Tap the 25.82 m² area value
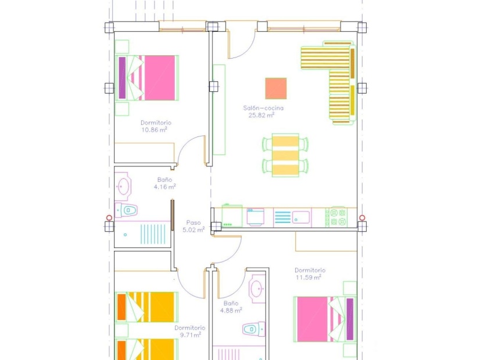[x=262, y=115]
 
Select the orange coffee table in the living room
[x=275, y=88]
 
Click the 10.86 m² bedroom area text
[x=154, y=130]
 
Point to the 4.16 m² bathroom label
[x=164, y=187]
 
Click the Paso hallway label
[x=194, y=222]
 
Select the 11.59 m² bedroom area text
[x=309, y=277]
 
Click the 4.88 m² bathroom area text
[x=231, y=311]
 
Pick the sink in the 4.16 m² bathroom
[x=124, y=186]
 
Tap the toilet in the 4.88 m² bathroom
[x=250, y=329]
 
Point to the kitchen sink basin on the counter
[x=301, y=217]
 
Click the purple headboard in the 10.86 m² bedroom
[x=122, y=78]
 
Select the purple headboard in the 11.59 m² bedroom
[x=350, y=319]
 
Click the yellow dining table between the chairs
[x=285, y=155]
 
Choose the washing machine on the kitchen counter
[x=256, y=217]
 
